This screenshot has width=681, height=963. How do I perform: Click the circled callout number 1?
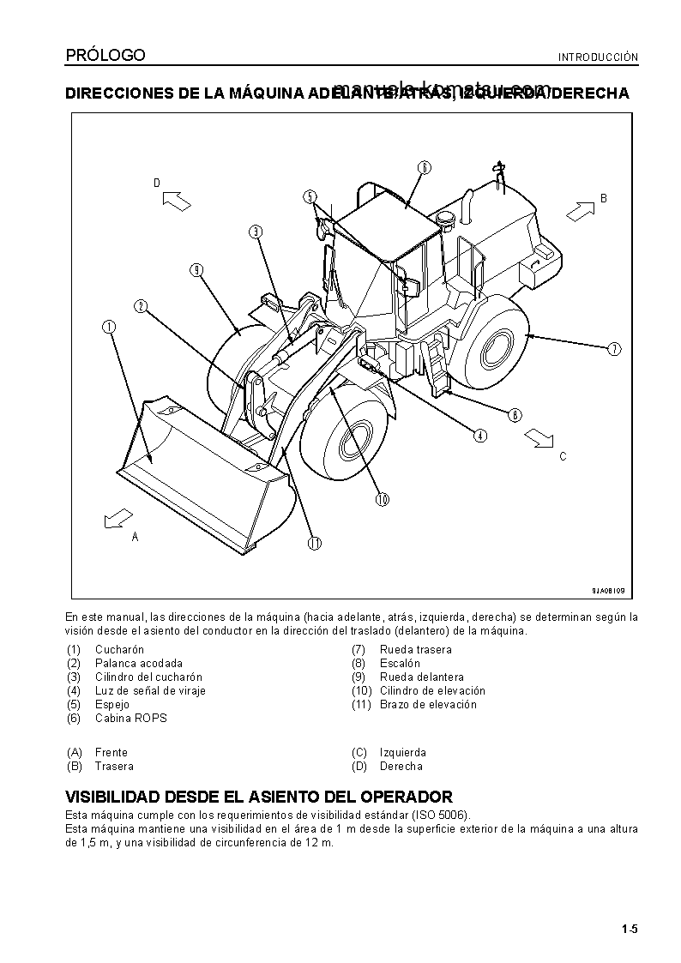tap(109, 327)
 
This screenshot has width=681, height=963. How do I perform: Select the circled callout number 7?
tap(614, 348)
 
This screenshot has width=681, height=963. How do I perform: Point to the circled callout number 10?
tap(381, 498)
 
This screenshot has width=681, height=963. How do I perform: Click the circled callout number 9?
tap(196, 270)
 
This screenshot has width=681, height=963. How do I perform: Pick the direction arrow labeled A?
tap(117, 518)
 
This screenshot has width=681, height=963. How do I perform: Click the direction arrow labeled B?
tap(580, 208)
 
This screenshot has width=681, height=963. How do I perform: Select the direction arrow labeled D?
tap(175, 201)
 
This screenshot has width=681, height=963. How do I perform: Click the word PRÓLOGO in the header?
tap(105, 56)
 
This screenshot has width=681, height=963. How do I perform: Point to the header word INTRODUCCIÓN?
tap(599, 58)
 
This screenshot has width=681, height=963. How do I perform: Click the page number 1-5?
tap(630, 929)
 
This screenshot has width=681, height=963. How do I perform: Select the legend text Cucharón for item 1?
tap(119, 650)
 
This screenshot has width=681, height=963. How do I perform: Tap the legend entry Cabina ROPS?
tap(130, 719)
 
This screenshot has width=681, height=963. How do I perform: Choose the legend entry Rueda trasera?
tap(415, 650)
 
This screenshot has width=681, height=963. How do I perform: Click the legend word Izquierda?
tap(402, 753)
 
